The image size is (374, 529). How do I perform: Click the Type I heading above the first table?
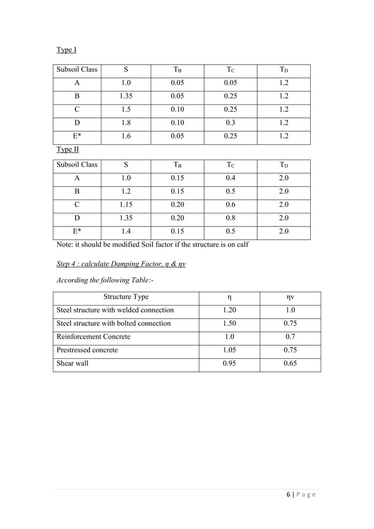[66, 50]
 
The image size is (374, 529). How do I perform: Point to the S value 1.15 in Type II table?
[125, 205]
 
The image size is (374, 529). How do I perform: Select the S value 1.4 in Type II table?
[125, 232]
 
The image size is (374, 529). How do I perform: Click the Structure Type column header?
[125, 297]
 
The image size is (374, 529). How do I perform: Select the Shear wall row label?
[72, 364]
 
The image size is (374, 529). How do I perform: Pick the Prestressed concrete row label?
[87, 350]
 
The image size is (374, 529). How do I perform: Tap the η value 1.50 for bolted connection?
[229, 324]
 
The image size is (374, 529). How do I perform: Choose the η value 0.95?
[229, 364]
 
